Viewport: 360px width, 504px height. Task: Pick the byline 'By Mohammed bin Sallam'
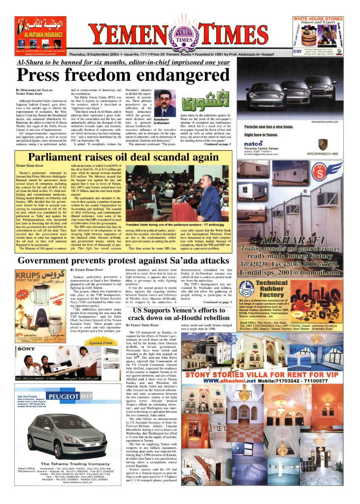click(35, 92)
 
